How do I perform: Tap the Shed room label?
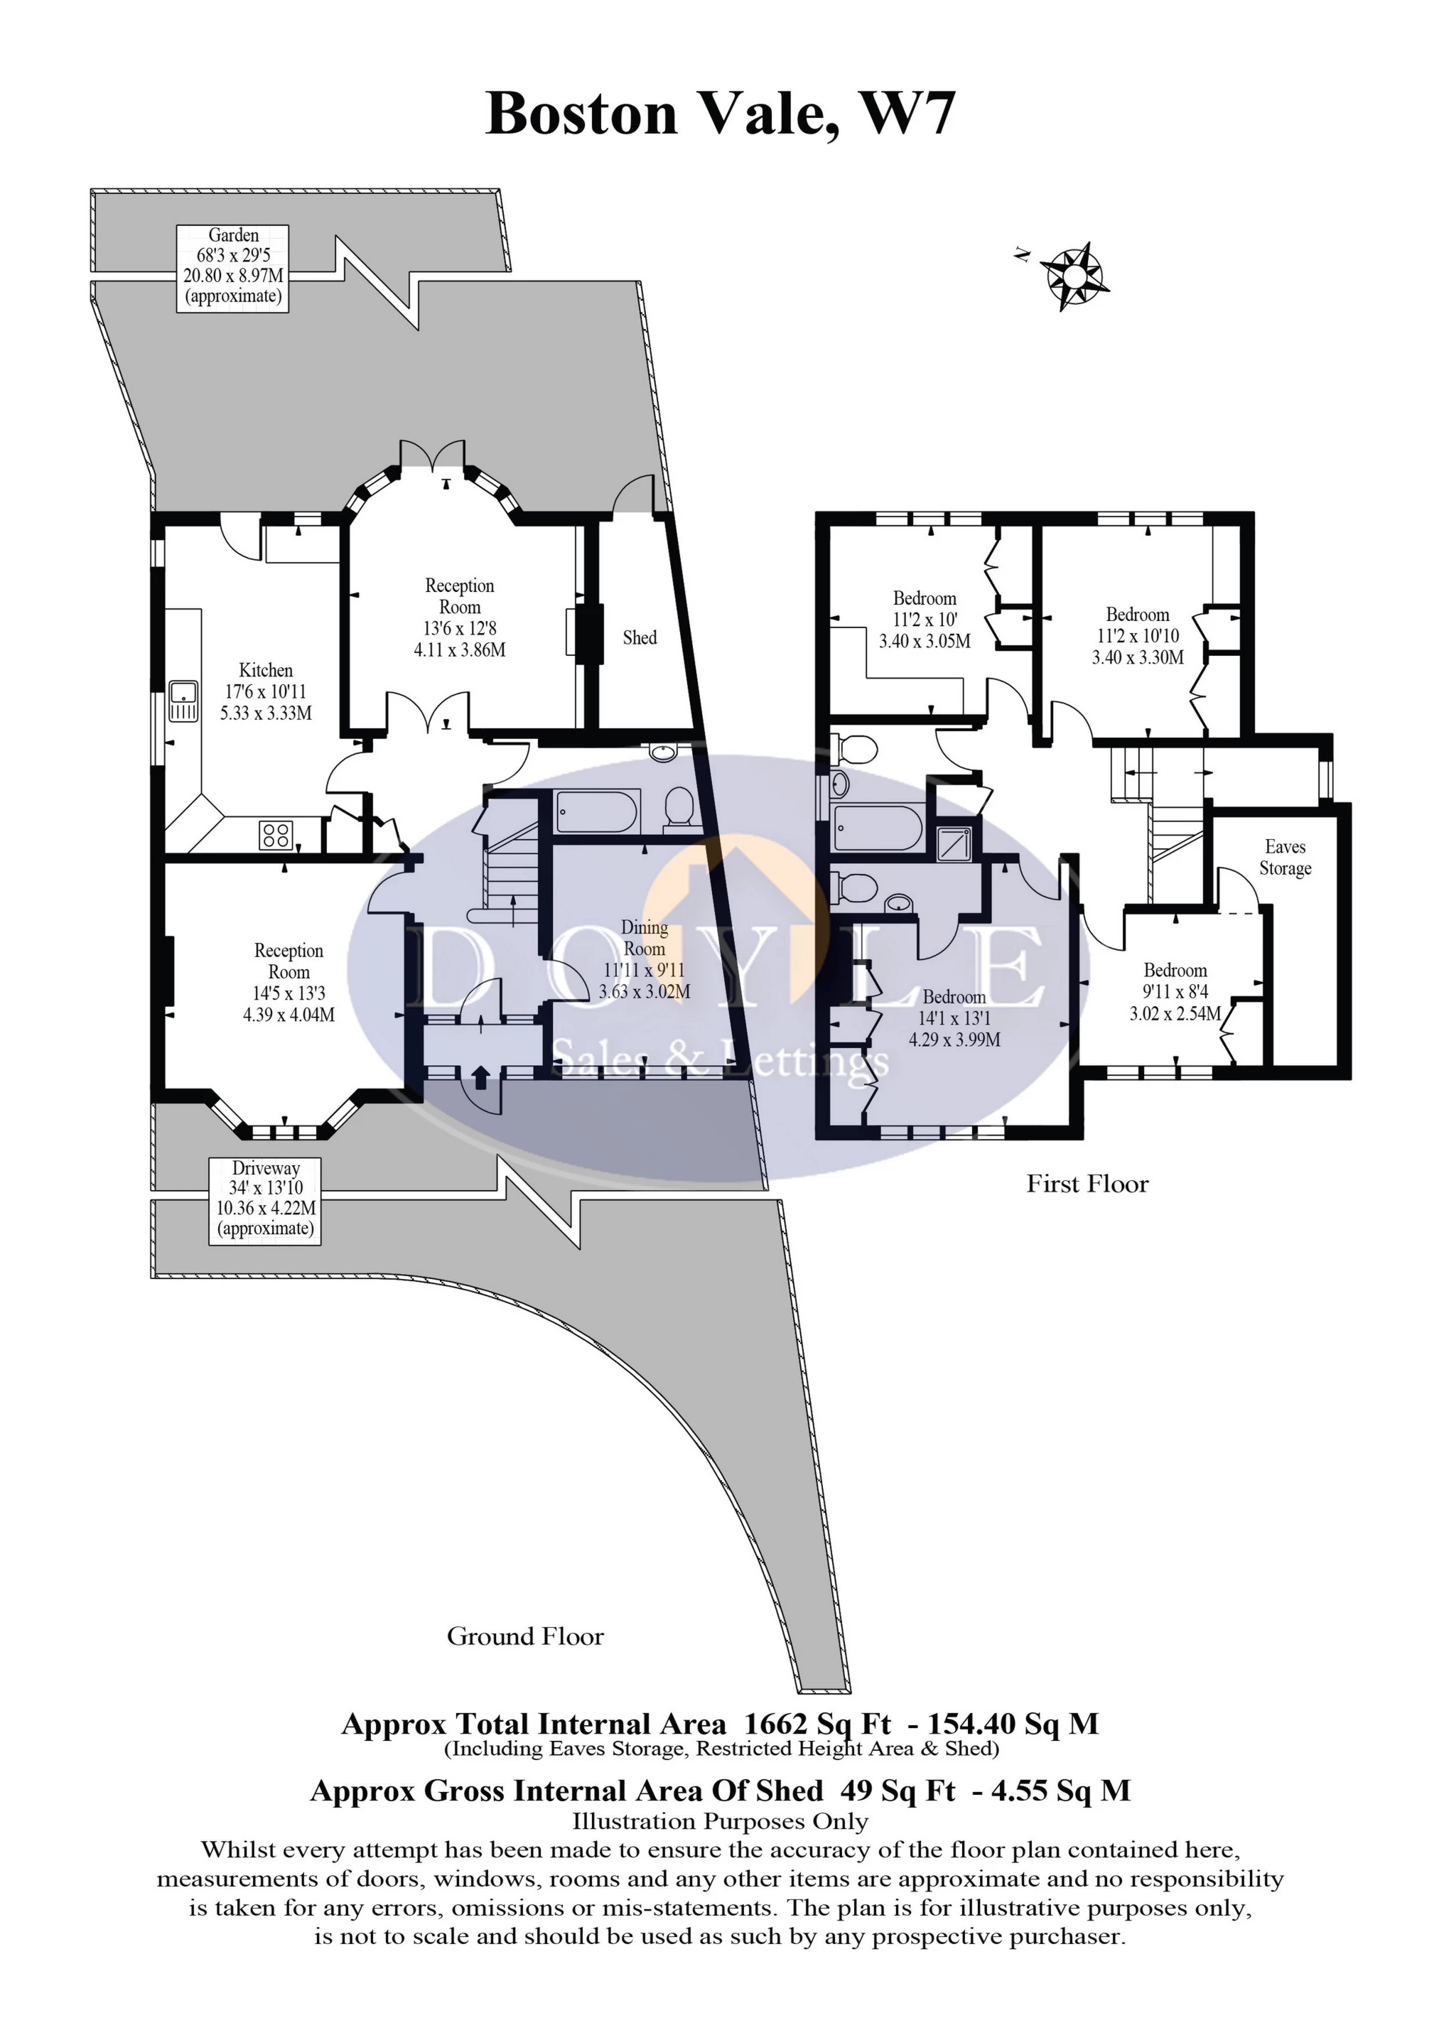(640, 637)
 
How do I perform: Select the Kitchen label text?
(265, 670)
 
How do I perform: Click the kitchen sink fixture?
(183, 701)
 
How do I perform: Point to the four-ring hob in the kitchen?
(276, 834)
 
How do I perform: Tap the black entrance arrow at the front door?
(480, 1077)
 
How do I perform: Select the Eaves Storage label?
(1285, 857)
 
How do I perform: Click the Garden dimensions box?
(233, 266)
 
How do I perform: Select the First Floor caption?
(1087, 1184)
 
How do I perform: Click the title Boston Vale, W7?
(720, 114)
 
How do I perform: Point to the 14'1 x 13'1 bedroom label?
(954, 1018)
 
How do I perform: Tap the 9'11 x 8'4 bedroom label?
(1175, 992)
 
